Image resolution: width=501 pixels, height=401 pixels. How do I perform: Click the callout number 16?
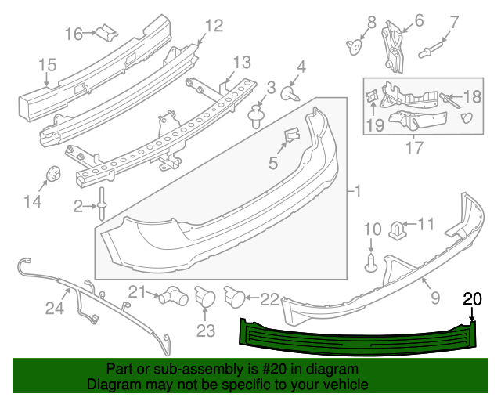74,34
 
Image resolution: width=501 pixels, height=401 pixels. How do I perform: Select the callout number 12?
214,26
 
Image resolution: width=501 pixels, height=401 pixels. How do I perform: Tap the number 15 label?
46,64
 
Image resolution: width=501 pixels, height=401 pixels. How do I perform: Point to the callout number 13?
241,62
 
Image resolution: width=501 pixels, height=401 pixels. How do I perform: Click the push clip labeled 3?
257,117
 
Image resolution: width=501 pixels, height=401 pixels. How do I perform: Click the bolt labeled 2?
103,204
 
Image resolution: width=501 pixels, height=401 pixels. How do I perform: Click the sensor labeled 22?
235,296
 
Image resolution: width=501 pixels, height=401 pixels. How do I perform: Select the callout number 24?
53,309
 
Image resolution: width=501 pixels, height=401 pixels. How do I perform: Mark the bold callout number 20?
473,298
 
